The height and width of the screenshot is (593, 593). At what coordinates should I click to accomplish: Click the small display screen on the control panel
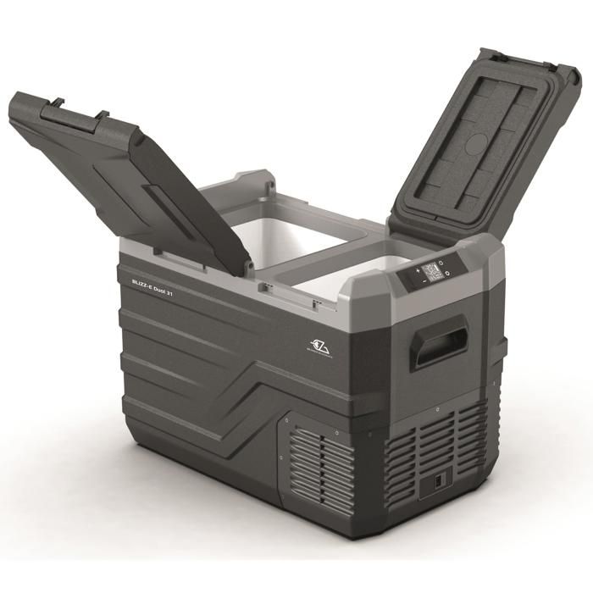431,272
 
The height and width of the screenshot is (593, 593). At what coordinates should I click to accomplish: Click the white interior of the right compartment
339,271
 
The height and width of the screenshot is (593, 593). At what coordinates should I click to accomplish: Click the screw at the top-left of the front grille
286,418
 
